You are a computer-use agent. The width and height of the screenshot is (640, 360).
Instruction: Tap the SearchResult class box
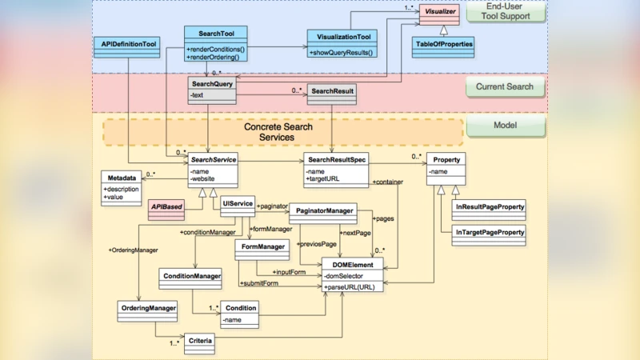coord(333,91)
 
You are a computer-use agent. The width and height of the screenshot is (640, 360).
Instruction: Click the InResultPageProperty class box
coord(489,207)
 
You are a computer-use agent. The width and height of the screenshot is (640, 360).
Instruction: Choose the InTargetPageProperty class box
coord(489,233)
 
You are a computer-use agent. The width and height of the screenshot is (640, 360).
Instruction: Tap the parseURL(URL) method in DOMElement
coord(350,286)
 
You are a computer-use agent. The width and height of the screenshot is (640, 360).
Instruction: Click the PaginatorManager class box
coord(326,210)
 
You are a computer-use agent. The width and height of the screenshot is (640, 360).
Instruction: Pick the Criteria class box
coord(199,342)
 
